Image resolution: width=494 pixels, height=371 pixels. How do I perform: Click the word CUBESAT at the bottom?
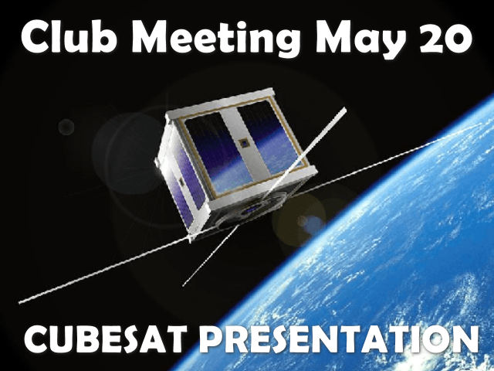104,339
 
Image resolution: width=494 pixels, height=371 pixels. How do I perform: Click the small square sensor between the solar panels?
244,144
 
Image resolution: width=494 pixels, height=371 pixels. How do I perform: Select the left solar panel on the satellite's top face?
218,151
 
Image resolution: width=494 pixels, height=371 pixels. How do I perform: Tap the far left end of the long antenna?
21,302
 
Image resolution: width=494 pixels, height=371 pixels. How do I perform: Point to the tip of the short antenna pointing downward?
184,285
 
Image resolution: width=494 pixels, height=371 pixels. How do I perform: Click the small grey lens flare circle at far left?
66,127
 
